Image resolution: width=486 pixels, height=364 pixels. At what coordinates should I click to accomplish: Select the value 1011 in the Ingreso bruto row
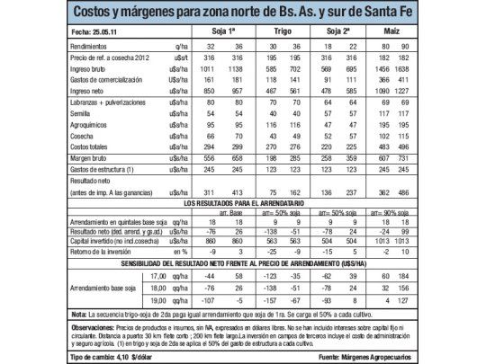pos(208,68)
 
